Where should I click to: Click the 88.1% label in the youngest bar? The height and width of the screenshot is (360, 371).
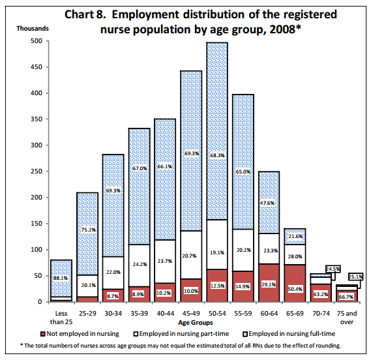61,278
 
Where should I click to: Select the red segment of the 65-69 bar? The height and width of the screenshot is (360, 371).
295,283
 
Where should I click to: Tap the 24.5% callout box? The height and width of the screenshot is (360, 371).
333,269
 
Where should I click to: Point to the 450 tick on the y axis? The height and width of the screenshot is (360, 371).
37,67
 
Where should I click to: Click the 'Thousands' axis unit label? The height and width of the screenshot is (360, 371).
33,29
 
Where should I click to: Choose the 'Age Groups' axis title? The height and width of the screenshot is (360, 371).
196,323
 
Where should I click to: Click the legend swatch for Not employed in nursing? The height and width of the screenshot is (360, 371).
43,334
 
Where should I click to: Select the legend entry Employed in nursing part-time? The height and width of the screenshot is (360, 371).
181,334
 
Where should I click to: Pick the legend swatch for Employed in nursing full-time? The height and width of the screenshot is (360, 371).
245,334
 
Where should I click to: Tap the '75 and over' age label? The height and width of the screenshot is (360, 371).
347,318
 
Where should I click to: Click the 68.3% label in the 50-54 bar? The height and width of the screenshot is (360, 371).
217,155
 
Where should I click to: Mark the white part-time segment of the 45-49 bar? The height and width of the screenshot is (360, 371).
191,255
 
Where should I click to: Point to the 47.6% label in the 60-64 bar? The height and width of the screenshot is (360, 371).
267,203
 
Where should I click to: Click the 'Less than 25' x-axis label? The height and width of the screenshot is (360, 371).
61,318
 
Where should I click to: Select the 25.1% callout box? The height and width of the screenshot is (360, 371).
355,277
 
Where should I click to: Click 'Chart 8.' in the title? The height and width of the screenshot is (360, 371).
85,14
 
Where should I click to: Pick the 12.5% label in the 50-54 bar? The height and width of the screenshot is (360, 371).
217,286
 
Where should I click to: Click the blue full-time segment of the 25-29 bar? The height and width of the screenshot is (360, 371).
87,234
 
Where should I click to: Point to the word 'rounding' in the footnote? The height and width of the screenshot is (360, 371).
329,346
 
